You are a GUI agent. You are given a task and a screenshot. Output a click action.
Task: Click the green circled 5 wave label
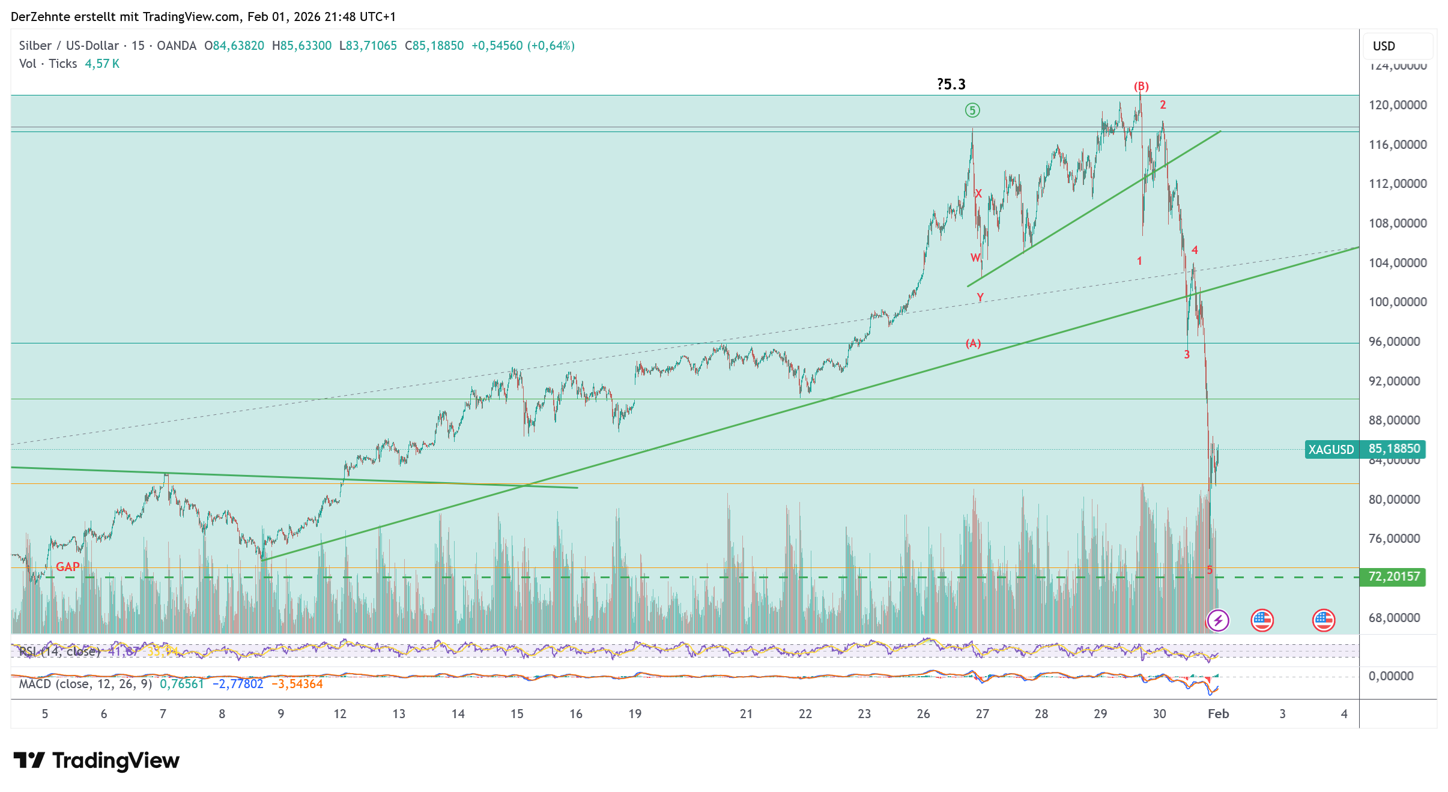972,110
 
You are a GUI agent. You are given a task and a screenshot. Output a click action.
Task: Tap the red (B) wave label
1141,86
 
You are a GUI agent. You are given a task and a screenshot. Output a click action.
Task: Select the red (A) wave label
973,343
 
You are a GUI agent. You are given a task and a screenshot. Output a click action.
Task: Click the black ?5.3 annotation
951,85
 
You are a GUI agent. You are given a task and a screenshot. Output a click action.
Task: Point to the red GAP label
68,567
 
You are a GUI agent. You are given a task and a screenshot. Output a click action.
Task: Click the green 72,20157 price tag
1393,577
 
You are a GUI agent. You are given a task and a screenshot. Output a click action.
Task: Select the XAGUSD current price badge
1365,449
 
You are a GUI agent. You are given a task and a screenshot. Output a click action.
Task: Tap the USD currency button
1384,46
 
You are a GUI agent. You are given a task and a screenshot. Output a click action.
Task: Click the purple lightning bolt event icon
1218,620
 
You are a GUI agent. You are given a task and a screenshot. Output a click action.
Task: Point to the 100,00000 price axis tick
1397,302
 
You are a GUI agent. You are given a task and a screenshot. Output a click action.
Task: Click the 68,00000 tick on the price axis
1394,618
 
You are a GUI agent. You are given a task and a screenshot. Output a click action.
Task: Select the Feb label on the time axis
1218,714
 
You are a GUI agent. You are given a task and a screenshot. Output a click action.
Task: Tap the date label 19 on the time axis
635,714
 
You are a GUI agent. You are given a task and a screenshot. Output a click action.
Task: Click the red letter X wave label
979,193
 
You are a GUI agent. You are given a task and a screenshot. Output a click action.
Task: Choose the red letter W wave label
975,258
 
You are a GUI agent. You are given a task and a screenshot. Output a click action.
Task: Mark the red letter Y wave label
980,297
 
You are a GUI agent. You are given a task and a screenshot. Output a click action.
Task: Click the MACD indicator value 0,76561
181,684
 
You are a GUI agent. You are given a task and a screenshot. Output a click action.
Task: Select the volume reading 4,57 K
102,64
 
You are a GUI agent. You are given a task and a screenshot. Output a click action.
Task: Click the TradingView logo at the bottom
96,761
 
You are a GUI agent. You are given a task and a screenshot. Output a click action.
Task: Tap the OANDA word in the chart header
177,46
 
